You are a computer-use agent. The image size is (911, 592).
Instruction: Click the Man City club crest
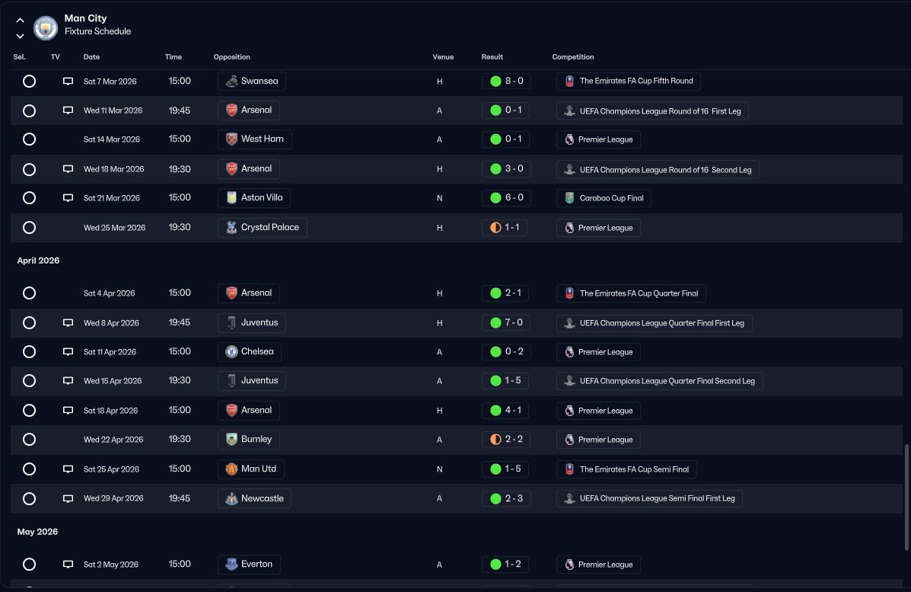46,27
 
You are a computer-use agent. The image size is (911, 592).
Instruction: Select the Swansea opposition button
251,81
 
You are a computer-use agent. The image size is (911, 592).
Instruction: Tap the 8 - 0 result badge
506,81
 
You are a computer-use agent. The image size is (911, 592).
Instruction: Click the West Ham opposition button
254,139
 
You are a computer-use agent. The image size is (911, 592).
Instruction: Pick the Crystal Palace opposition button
262,228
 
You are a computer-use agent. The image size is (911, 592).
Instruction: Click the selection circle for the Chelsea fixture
29,352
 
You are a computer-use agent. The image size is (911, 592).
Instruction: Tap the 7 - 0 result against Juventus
506,323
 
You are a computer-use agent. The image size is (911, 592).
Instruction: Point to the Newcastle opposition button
254,499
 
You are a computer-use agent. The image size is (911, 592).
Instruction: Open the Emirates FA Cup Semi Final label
626,469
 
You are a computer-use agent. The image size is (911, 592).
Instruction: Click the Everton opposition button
248,565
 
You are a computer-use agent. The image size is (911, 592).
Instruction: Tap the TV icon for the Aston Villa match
68,198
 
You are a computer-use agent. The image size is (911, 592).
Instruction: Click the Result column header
492,57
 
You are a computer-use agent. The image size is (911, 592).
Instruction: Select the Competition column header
572,57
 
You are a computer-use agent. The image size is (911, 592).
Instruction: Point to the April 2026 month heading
38,261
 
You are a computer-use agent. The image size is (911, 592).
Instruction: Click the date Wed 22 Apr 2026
113,440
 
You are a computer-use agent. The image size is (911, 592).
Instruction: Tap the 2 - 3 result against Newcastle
506,499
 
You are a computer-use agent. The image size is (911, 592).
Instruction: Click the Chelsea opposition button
249,352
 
